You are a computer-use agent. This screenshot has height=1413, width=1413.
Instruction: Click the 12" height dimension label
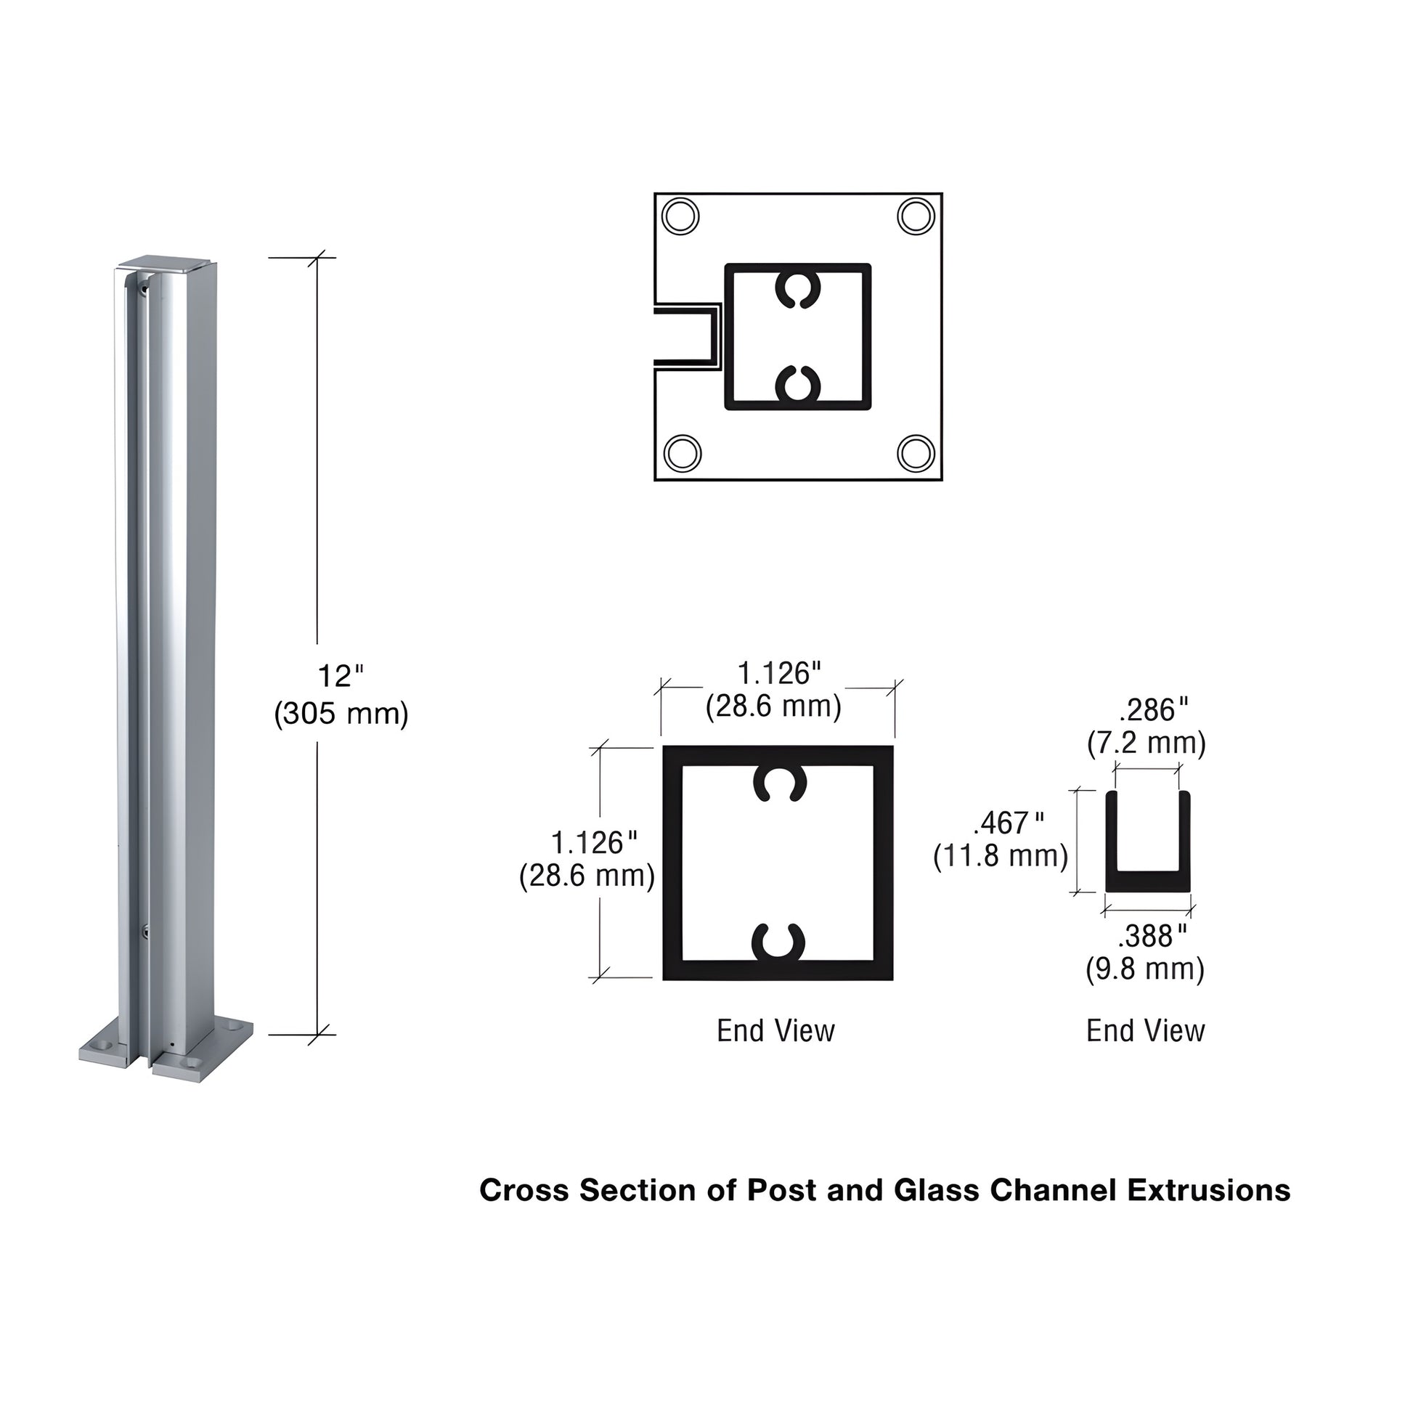[340, 677]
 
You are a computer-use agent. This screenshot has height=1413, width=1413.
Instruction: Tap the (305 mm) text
[341, 713]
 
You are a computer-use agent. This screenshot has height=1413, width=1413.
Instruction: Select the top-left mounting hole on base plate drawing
[680, 216]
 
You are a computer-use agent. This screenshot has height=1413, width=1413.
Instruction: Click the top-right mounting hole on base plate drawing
[916, 216]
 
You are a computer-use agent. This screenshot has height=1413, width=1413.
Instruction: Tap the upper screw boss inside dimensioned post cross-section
[780, 785]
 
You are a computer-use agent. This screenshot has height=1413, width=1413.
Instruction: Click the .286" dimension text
[1153, 709]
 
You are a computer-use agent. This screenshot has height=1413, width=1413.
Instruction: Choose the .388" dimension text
[1152, 935]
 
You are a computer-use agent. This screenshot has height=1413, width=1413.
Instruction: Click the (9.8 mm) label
[1144, 969]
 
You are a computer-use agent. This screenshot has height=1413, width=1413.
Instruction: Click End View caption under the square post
[775, 1031]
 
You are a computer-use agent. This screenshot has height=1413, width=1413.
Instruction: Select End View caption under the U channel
[1145, 1031]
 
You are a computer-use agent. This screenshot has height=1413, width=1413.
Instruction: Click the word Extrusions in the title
[1208, 1190]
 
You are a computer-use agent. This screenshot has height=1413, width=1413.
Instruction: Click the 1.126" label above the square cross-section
[779, 674]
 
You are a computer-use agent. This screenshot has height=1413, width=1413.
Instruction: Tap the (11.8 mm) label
[1001, 855]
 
